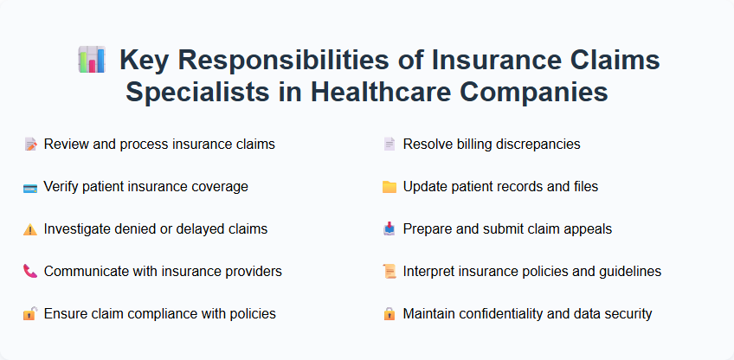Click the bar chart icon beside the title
click(x=92, y=61)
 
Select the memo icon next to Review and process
click(x=30, y=145)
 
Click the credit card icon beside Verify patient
click(x=30, y=187)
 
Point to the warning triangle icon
click(x=30, y=229)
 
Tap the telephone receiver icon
click(x=30, y=272)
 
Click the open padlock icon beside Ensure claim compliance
click(x=30, y=314)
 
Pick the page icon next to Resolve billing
click(x=390, y=145)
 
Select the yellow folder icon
click(x=390, y=187)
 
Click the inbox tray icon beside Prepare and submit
click(x=390, y=229)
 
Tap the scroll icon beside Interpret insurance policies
click(x=390, y=272)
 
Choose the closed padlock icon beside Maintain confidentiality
click(x=390, y=314)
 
